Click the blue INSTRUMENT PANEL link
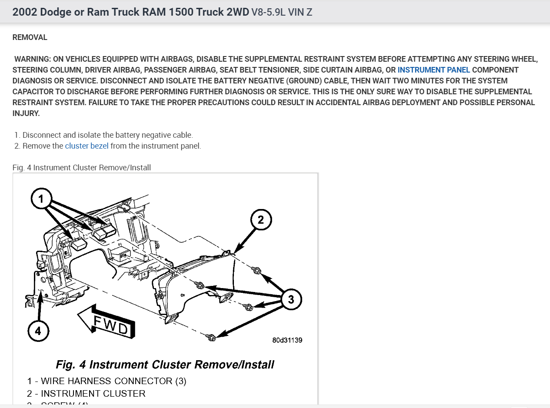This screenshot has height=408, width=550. [x=433, y=70]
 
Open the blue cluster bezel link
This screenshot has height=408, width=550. [x=87, y=146]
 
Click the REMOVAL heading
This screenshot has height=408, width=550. [x=30, y=37]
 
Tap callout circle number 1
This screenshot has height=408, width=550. [x=41, y=199]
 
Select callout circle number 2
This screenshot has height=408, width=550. [x=260, y=220]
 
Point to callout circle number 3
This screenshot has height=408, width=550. [x=291, y=299]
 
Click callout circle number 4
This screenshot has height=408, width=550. [x=38, y=331]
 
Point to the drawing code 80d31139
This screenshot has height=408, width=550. [x=287, y=340]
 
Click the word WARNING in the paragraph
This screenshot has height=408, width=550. [x=33, y=59]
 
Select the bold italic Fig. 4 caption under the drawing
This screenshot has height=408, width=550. [x=165, y=364]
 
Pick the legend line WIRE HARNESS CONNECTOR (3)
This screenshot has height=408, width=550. [x=107, y=381]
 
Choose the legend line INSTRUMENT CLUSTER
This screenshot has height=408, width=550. [x=86, y=394]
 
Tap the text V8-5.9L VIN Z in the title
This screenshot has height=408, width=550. [x=282, y=12]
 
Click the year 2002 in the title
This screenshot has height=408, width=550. [x=24, y=12]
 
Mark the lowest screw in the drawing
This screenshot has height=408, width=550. [x=211, y=337]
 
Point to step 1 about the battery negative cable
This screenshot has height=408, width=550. [x=103, y=135]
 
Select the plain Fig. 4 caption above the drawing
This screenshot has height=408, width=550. [x=82, y=167]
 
